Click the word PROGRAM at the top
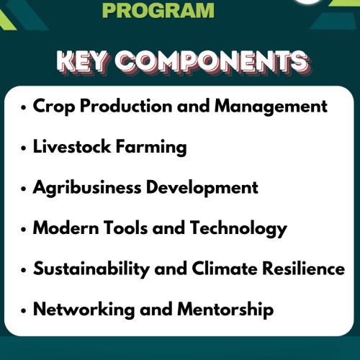[159, 10]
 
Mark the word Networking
[80, 310]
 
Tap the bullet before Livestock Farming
[24, 148]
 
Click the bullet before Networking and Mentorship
[24, 311]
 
